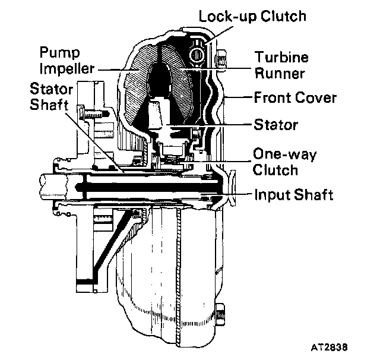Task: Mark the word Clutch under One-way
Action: pyautogui.click(x=274, y=170)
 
